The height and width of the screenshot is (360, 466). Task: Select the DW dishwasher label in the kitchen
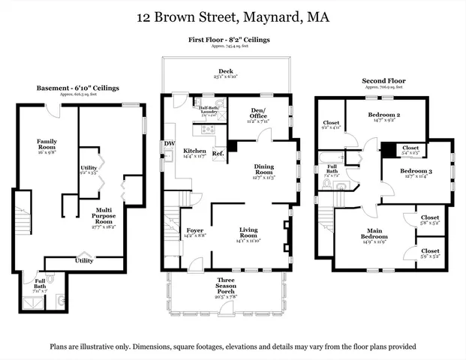[x=169, y=145]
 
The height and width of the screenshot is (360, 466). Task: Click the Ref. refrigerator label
[x=218, y=154]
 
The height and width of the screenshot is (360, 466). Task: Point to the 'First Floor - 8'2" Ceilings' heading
[x=230, y=39]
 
